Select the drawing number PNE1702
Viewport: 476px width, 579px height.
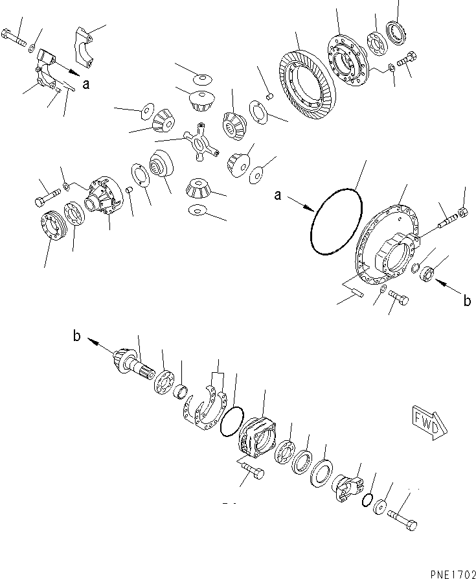(x=453, y=574)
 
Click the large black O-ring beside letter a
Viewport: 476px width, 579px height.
(x=337, y=221)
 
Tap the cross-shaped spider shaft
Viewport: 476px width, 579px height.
(x=201, y=142)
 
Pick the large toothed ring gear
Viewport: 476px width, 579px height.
(x=306, y=84)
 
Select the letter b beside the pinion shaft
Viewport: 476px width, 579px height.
(x=76, y=337)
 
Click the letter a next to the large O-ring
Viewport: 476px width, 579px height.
(x=278, y=195)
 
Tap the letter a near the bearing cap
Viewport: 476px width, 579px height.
(x=86, y=84)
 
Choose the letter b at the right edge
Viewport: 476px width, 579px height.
(x=467, y=301)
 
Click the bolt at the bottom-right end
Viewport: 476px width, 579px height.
(x=402, y=519)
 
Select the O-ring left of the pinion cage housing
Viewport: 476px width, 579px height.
(x=232, y=421)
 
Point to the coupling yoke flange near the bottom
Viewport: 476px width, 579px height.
(x=348, y=488)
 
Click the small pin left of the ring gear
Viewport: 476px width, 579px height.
(x=269, y=97)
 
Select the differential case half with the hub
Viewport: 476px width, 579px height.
(x=104, y=195)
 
